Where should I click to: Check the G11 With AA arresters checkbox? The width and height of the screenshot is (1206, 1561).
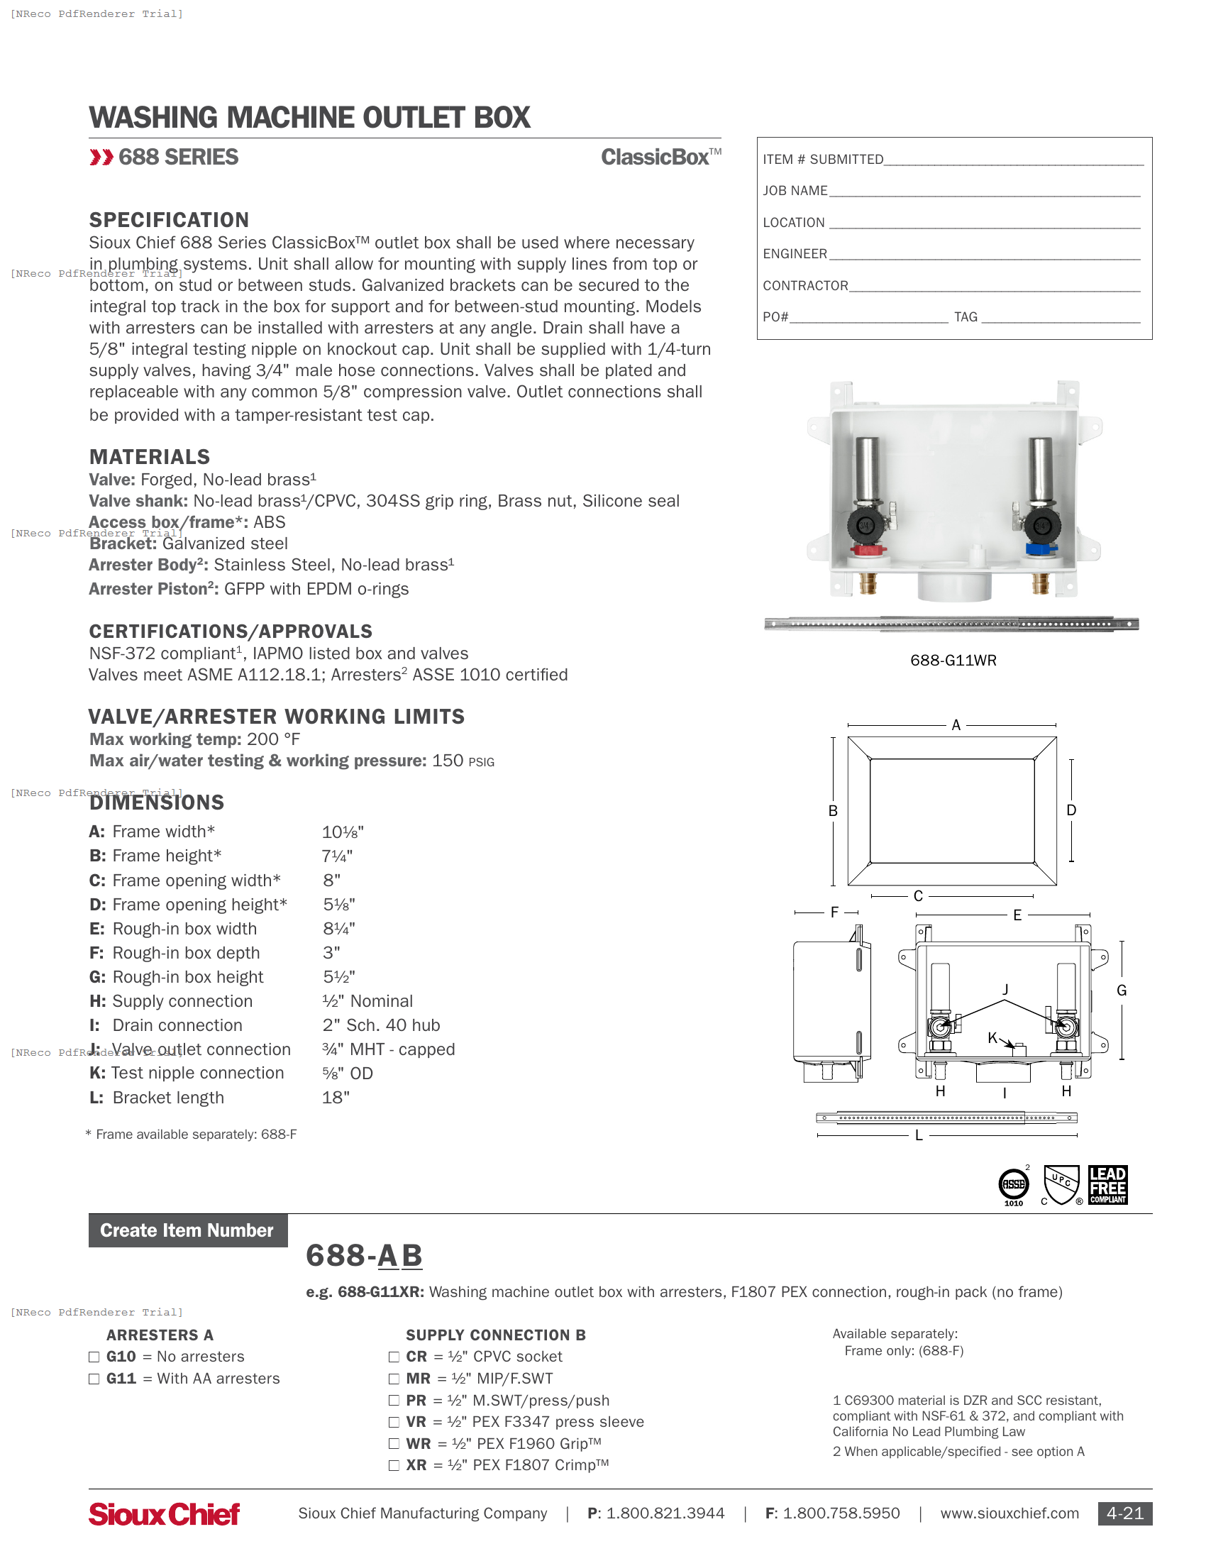(x=94, y=1379)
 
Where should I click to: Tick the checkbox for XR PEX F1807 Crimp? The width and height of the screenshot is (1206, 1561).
(x=394, y=1465)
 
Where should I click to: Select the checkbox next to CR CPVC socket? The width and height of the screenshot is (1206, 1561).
(x=394, y=1357)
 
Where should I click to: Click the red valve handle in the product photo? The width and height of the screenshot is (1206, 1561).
(x=868, y=551)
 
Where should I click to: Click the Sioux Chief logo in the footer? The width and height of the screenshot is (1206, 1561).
(x=165, y=1513)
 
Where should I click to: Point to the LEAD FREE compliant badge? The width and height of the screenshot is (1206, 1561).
(x=1107, y=1185)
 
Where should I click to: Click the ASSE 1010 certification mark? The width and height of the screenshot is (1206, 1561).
(x=1013, y=1186)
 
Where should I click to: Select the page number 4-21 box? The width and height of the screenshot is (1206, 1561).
(x=1124, y=1513)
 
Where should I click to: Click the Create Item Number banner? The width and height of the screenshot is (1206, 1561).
(x=187, y=1230)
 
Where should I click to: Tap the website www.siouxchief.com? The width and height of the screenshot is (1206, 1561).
(x=1009, y=1513)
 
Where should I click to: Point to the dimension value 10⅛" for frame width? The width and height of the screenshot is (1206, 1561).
(x=343, y=832)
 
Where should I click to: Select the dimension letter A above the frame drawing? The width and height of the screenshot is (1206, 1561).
(x=956, y=724)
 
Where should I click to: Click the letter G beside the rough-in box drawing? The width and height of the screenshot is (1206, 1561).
(x=1122, y=991)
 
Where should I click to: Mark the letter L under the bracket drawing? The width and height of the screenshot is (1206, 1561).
(x=919, y=1135)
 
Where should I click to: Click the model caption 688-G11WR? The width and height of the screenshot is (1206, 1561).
(x=953, y=661)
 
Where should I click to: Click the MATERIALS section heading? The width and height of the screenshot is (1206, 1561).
(x=149, y=457)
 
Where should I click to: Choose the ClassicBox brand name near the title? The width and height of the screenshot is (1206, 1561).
(x=656, y=158)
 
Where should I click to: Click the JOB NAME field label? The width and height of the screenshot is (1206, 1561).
(x=795, y=191)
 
